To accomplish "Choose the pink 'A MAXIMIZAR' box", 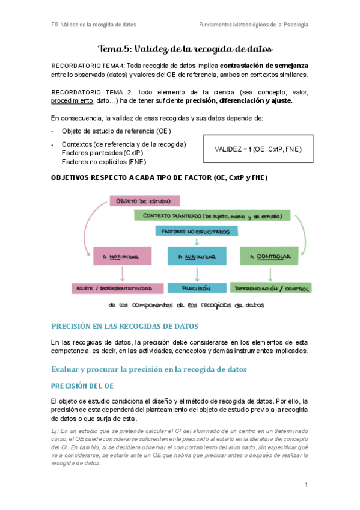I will coord(123,257).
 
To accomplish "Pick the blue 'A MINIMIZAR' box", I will coord(198,257).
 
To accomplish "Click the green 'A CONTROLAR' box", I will coord(269,257).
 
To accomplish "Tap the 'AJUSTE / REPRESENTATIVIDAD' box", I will coord(117,289).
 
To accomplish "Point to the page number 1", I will coord(306,485).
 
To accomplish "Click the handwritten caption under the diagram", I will coord(190,305).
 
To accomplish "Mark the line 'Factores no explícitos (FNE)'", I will coord(103,161).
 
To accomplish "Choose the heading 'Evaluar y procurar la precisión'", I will coord(149,369).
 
